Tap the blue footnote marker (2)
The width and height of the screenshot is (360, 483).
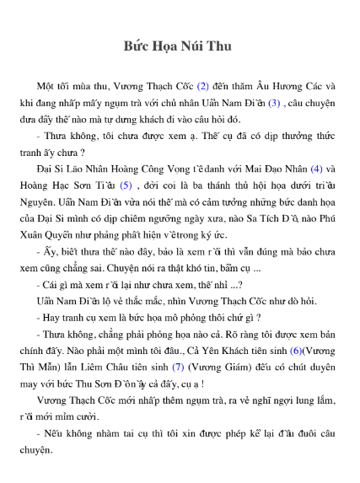point(202,87)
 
